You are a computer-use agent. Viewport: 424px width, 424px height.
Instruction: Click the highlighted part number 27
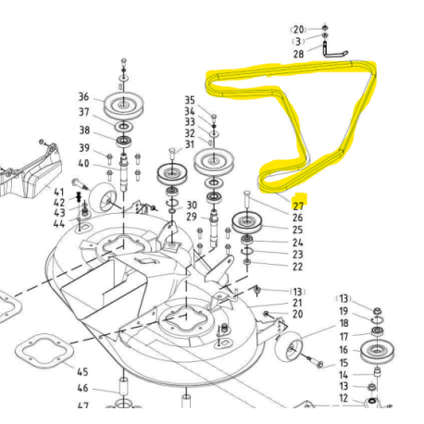298,206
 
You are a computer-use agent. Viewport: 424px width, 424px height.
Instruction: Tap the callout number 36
83,96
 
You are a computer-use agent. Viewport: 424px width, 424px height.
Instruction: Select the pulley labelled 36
123,105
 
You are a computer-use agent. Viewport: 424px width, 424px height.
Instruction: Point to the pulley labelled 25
246,222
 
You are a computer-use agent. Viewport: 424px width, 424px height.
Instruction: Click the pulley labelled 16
377,351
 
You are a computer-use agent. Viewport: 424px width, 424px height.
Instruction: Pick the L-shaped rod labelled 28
334,51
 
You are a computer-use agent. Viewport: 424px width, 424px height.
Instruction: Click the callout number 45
82,372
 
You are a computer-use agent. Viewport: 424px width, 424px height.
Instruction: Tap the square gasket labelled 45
44,351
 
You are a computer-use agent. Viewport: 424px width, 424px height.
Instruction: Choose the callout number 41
58,193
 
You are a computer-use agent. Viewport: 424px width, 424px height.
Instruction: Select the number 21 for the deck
297,303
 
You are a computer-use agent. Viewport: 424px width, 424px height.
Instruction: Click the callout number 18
343,323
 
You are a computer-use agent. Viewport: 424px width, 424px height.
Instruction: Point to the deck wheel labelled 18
289,346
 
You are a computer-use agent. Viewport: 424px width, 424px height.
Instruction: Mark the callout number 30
192,205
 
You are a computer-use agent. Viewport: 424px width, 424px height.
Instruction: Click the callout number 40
83,163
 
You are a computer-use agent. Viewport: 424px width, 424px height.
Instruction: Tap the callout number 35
190,100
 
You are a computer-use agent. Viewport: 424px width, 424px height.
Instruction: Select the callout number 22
297,267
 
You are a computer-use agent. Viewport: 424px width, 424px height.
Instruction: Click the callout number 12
343,398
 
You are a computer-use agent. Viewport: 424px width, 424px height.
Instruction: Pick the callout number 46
82,388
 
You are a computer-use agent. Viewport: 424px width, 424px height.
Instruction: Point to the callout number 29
192,217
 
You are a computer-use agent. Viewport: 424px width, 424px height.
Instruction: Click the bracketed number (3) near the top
298,42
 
